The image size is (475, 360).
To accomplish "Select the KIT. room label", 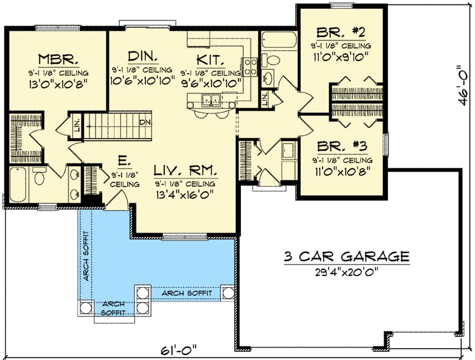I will (x=211, y=59).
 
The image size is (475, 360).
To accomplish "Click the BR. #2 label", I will (x=340, y=32).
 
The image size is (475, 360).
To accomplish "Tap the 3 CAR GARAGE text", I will (x=346, y=257).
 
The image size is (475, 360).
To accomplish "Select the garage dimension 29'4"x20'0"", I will (x=346, y=273).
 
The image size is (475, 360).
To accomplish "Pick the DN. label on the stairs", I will (x=145, y=122).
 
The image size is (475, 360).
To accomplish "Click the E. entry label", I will (x=124, y=162).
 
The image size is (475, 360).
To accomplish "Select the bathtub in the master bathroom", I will (x=19, y=186).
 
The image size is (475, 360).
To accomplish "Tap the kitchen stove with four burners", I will (x=249, y=67).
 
